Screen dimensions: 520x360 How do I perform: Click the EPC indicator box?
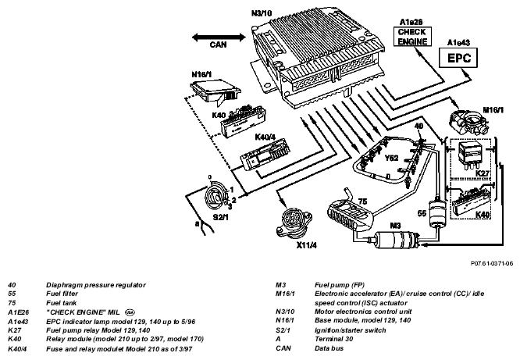458,58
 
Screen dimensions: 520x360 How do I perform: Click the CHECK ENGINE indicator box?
412,37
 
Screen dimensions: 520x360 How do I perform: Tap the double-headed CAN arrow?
219,37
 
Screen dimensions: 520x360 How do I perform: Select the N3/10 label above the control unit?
262,13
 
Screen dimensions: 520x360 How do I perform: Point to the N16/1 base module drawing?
216,90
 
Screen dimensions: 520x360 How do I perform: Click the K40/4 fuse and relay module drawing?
265,155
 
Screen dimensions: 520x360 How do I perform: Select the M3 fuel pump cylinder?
396,240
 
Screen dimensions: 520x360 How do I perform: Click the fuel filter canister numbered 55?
437,212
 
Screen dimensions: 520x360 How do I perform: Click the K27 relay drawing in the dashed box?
469,155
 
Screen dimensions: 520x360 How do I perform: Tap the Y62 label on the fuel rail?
391,158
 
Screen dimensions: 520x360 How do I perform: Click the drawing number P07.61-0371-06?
492,263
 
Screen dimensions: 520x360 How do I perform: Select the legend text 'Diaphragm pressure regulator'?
96,285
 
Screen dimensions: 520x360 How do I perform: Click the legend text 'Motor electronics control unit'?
363,312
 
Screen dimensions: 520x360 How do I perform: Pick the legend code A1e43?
18,322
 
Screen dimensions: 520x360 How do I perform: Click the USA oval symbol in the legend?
130,312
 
